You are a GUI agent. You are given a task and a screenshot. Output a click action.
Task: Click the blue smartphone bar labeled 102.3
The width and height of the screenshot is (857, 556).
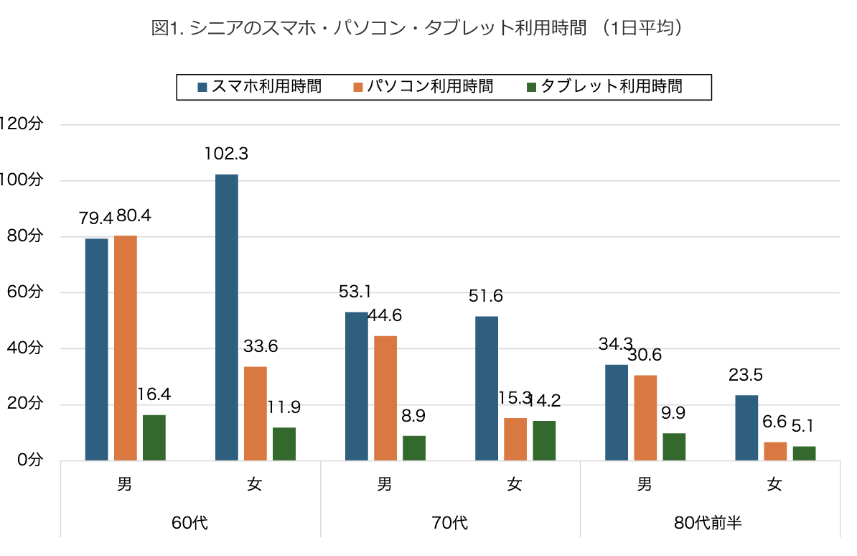[227, 318]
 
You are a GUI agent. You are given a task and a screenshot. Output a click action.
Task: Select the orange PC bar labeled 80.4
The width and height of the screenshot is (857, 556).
[126, 348]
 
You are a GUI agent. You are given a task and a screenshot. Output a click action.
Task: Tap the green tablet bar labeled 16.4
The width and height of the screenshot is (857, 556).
[154, 437]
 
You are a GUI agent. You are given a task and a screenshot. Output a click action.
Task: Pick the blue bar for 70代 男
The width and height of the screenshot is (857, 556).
[357, 386]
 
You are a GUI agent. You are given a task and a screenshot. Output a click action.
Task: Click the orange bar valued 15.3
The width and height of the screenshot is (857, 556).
[515, 439]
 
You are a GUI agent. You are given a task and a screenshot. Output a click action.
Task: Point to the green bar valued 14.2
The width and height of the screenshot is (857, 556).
[544, 440]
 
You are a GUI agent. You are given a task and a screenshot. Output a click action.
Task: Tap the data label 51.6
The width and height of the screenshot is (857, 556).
[486, 296]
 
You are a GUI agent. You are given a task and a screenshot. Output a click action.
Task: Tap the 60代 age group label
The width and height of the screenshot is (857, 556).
[190, 522]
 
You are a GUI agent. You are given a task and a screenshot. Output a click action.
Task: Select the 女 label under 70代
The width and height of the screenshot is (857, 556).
[515, 485]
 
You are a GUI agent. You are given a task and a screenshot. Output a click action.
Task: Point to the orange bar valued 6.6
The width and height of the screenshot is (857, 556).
[776, 451]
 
